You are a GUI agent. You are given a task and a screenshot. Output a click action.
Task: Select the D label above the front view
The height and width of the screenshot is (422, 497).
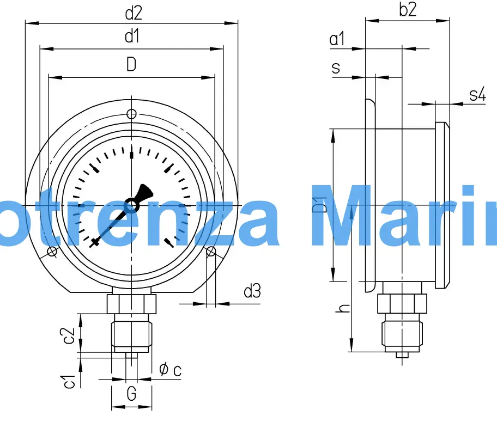[x=131, y=65]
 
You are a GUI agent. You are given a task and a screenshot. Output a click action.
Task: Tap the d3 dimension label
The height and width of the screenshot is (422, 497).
[x=252, y=292]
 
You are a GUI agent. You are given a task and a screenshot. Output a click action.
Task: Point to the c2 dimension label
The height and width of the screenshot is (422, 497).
[x=69, y=336]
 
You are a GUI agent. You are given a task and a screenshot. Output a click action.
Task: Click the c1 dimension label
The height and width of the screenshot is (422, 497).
[x=69, y=382]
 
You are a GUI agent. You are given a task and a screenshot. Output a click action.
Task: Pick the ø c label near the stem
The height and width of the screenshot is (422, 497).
[x=171, y=370]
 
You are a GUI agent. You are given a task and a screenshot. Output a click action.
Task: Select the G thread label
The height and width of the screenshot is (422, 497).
[x=131, y=393]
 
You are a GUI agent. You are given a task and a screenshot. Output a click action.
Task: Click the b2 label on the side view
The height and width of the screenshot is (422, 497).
[x=407, y=10]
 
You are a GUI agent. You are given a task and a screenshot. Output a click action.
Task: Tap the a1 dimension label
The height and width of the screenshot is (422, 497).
[x=338, y=39]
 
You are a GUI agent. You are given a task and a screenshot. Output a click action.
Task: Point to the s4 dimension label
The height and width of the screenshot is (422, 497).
[x=477, y=95]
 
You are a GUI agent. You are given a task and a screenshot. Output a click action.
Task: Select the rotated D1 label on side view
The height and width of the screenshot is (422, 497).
[x=322, y=205]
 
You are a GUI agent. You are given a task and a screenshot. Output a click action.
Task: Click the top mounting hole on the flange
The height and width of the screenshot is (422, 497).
[x=131, y=114]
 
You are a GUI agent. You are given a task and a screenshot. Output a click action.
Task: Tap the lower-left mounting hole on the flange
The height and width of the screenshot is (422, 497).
[x=52, y=251]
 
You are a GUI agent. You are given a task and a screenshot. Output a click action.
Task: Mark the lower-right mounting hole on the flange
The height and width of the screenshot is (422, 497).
[x=211, y=251]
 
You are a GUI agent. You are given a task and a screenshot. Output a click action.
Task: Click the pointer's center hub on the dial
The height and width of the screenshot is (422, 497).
[x=131, y=205]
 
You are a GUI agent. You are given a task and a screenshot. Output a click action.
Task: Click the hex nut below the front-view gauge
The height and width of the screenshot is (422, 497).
[x=131, y=303]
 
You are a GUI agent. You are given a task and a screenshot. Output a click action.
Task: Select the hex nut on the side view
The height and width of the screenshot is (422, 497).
[x=402, y=303]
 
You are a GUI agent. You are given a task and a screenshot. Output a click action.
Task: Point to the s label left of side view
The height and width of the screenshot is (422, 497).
[x=336, y=68]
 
